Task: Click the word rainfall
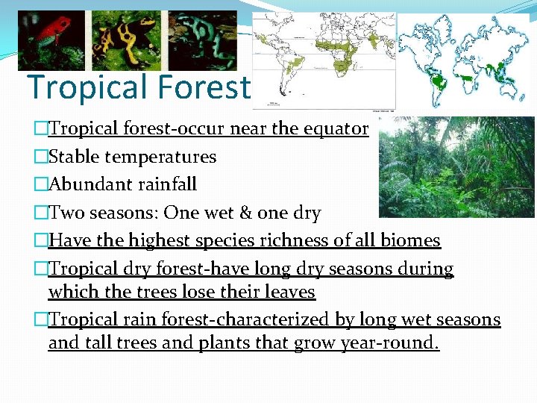(166, 184)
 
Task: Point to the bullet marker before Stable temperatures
(40, 157)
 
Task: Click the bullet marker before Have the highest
(40, 240)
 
